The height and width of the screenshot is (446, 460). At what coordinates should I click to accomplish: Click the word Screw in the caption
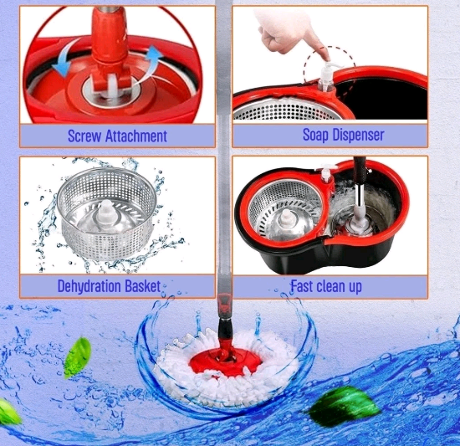[84, 136]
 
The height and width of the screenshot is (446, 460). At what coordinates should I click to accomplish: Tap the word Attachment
[136, 136]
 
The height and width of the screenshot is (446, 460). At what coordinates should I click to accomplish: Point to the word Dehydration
[89, 286]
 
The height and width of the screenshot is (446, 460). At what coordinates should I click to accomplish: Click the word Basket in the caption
[142, 286]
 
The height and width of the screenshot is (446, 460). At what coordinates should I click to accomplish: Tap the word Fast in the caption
[301, 286]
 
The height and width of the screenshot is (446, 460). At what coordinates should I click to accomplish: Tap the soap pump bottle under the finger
[326, 78]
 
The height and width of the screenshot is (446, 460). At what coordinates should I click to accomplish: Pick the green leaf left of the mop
[77, 357]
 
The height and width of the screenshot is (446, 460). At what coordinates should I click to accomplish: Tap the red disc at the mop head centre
[225, 361]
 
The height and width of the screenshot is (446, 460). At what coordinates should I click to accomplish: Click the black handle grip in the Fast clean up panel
[360, 170]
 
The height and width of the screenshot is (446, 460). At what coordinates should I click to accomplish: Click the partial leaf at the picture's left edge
[9, 411]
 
